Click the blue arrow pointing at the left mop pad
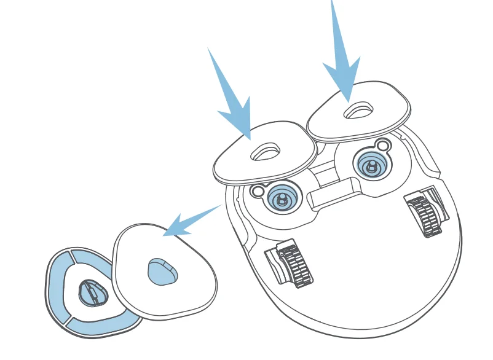(232, 101)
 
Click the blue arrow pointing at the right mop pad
(342, 58)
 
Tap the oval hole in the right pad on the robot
(356, 111)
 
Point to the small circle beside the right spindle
(384, 146)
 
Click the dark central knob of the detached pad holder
(90, 292)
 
